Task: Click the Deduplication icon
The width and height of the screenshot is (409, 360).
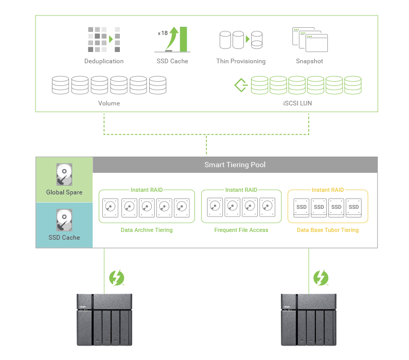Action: [x=103, y=39]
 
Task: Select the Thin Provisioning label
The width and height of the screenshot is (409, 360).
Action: [x=241, y=61]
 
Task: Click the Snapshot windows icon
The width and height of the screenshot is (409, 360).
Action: [x=310, y=39]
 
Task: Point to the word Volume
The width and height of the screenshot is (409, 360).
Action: [x=109, y=103]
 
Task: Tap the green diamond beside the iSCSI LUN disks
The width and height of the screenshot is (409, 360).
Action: [x=241, y=84]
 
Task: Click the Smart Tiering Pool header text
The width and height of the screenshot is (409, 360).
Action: [x=235, y=165]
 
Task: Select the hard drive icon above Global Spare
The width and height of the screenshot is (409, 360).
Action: [x=64, y=175]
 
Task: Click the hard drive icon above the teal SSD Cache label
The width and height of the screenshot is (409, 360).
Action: [x=64, y=220]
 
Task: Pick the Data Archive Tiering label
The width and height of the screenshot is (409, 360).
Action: [x=147, y=230]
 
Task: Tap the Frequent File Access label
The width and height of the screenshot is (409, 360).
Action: [x=241, y=230]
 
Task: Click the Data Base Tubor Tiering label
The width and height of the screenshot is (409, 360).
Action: [x=328, y=230]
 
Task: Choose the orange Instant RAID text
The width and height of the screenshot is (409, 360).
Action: [x=328, y=190]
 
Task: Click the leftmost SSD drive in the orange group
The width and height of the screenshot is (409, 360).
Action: [x=301, y=207]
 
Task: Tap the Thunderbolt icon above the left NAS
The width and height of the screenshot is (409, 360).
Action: [x=117, y=278]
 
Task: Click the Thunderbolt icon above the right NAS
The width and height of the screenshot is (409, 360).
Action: [x=321, y=278]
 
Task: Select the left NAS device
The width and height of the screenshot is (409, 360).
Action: [x=104, y=319]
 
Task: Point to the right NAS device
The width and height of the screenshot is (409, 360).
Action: [x=309, y=319]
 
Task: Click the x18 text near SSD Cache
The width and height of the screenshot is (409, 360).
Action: [x=163, y=33]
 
